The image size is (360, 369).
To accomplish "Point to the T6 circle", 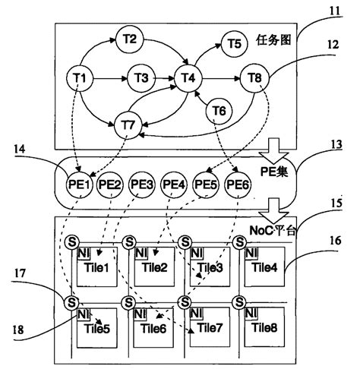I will [219, 110].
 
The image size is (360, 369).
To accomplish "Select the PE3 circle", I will [142, 185].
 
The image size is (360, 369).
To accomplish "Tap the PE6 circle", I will [238, 185].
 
